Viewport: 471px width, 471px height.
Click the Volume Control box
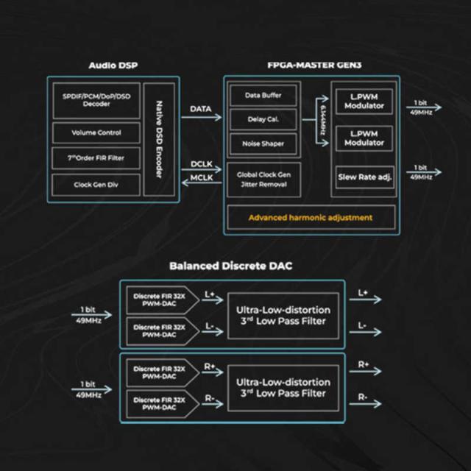(96, 132)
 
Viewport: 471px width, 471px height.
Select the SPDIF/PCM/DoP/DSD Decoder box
(96, 100)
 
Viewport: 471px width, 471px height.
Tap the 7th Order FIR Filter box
(96, 158)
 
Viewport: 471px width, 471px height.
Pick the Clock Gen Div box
(96, 185)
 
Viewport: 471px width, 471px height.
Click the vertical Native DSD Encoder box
(159, 139)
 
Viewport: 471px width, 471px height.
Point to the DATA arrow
(201, 117)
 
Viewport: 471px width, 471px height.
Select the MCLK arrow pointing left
(202, 183)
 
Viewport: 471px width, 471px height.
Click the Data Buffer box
(263, 95)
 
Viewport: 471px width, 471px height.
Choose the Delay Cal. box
(263, 119)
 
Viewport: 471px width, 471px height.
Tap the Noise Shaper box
(263, 144)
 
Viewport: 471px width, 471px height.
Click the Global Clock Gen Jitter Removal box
(263, 180)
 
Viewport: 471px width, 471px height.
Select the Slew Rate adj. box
(365, 177)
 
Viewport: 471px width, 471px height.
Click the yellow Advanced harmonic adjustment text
(311, 218)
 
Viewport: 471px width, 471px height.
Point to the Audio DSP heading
(113, 65)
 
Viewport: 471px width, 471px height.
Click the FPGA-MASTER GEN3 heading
(314, 65)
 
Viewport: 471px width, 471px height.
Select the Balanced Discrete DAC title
(230, 266)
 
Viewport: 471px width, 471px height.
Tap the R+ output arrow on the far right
(365, 371)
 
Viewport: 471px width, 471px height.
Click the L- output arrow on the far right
(365, 332)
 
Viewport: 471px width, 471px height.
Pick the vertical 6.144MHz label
(323, 120)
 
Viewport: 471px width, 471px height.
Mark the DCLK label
(202, 164)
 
